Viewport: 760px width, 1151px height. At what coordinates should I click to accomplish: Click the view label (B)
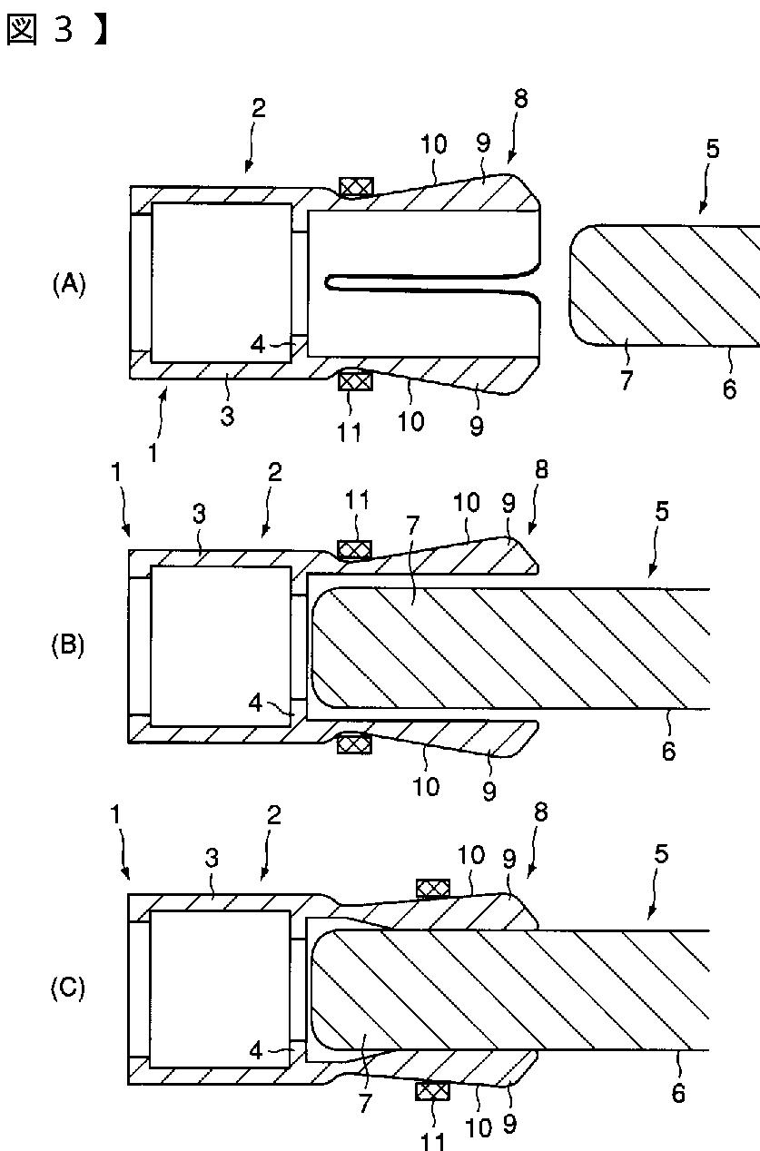click(x=68, y=646)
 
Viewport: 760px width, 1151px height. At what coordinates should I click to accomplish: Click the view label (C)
click(x=68, y=987)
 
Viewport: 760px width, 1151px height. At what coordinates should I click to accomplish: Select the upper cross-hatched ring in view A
click(x=355, y=187)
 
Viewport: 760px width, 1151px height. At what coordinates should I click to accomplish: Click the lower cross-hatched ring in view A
click(x=355, y=381)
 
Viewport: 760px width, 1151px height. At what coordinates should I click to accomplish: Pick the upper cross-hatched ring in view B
click(x=355, y=550)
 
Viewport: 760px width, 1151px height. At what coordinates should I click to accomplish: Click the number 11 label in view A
click(x=349, y=431)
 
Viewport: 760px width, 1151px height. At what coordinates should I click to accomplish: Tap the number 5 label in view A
click(x=712, y=149)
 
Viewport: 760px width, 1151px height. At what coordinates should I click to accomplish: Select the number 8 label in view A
click(x=520, y=100)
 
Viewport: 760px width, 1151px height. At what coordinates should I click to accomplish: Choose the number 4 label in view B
click(x=258, y=702)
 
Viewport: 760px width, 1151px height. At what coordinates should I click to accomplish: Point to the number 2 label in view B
click(x=274, y=472)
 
